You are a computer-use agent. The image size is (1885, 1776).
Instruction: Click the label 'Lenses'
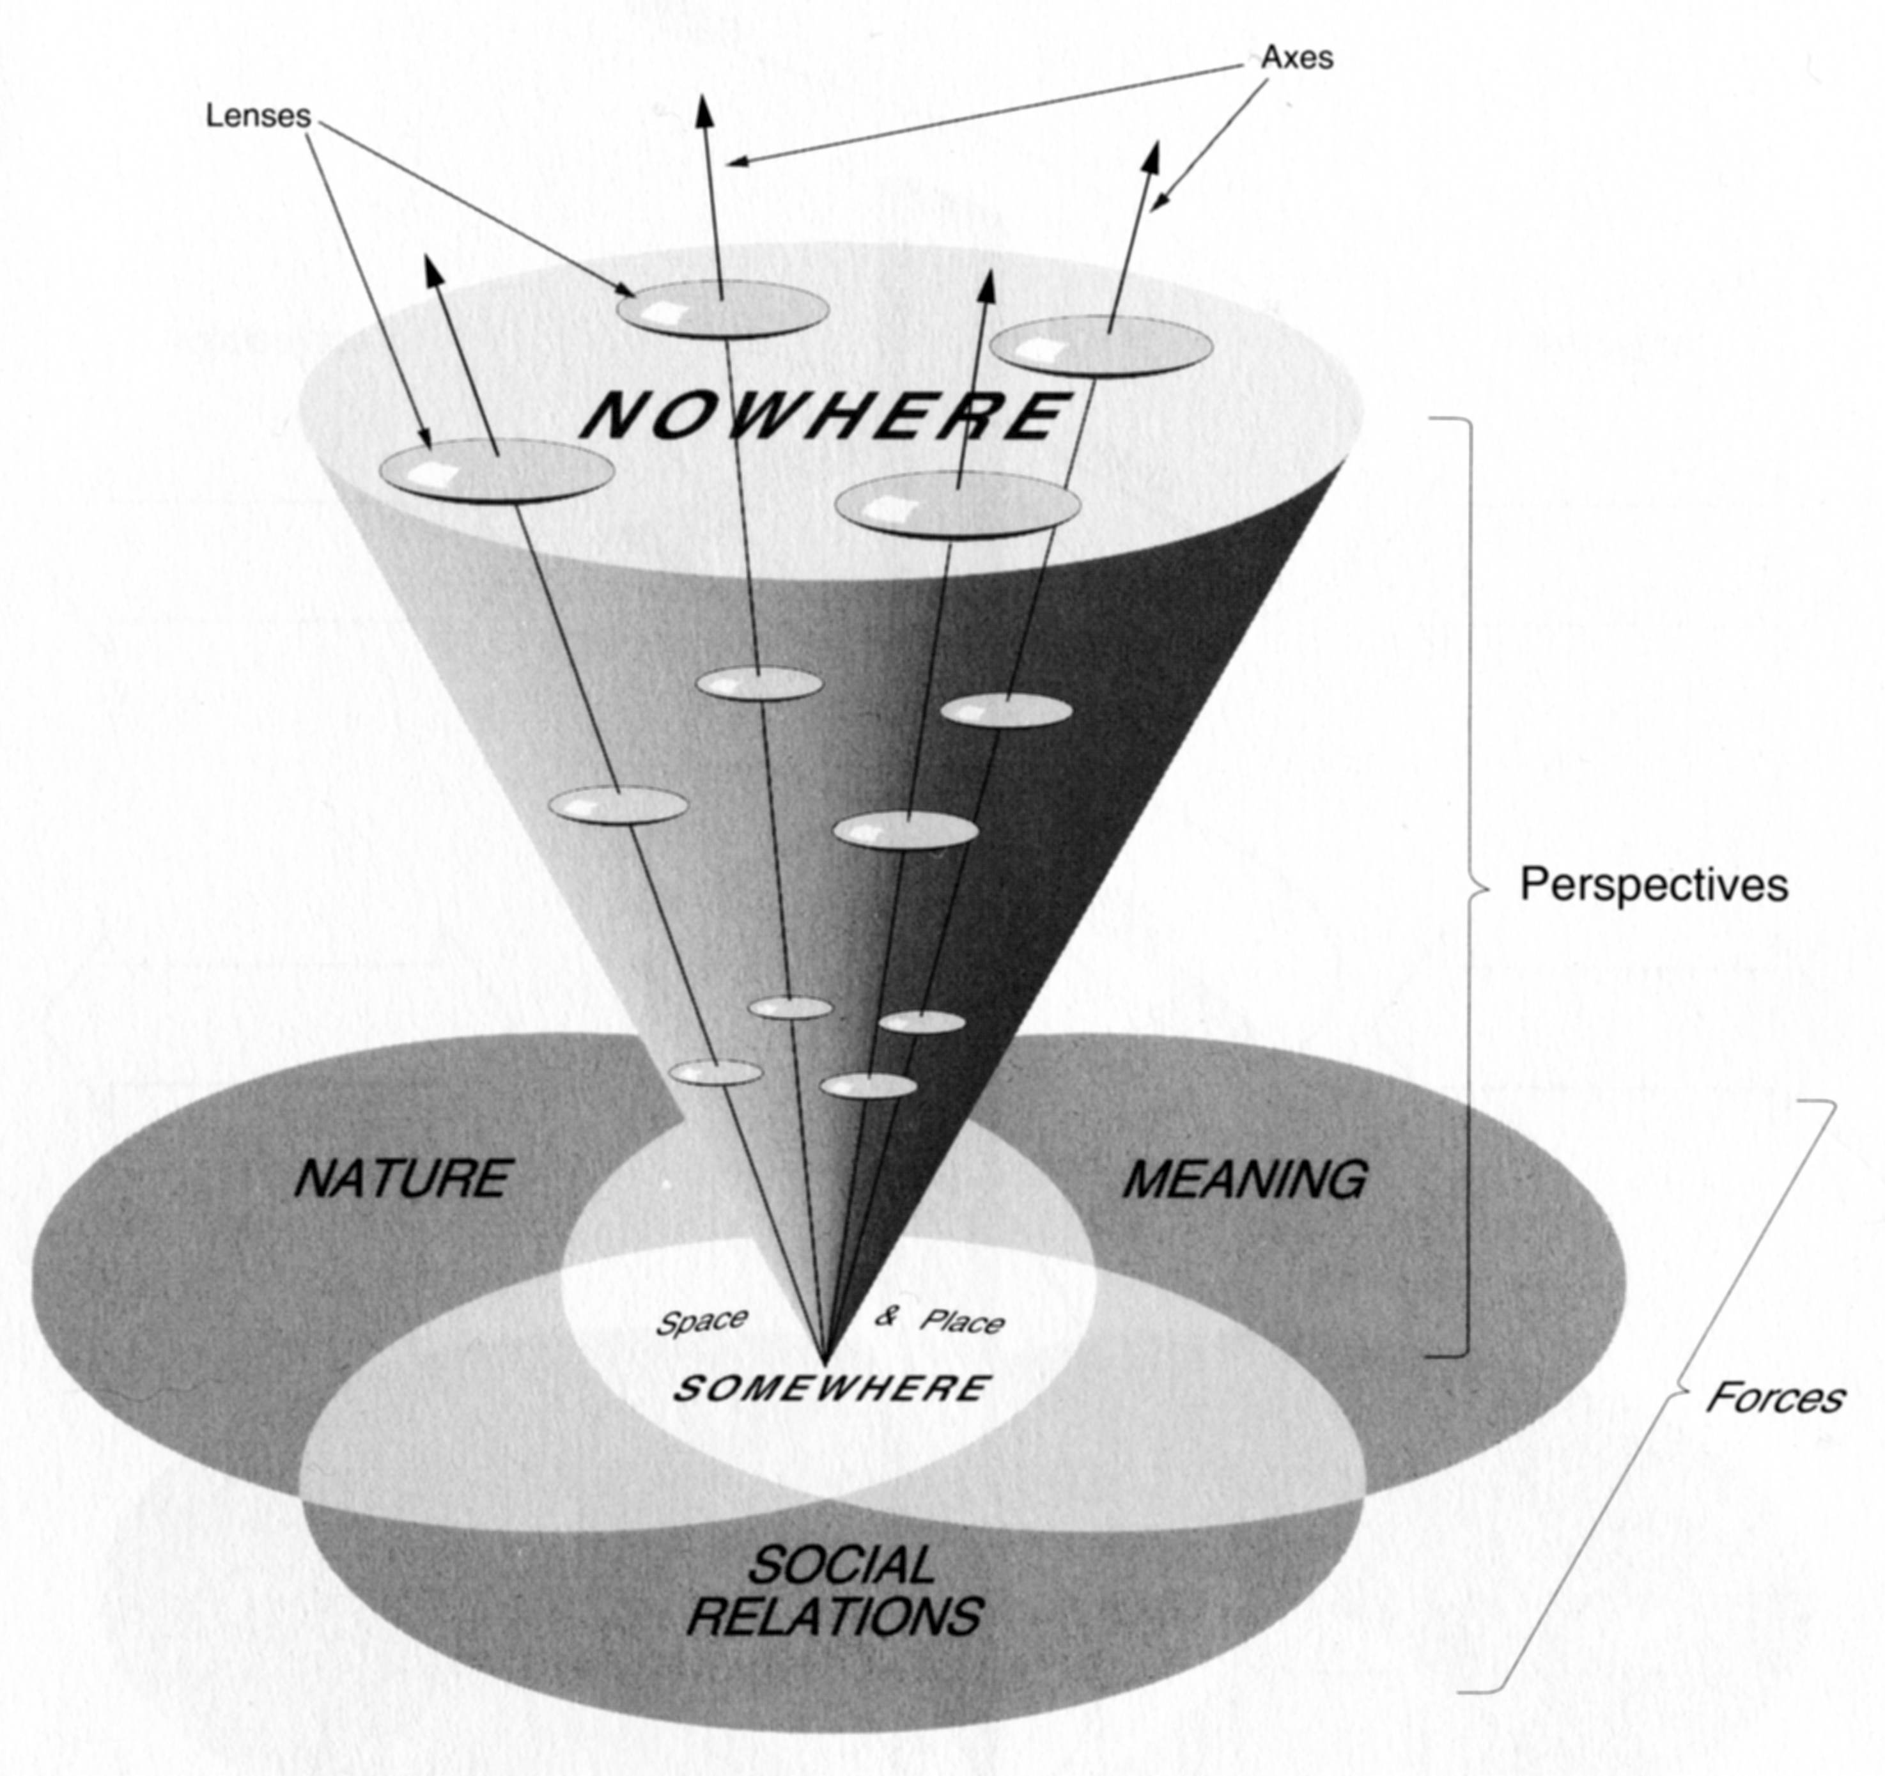point(258,116)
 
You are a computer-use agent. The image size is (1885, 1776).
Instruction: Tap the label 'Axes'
point(1296,58)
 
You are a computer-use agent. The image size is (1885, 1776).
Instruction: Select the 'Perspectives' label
point(1654,885)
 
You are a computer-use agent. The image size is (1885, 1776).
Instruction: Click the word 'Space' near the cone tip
point(702,1322)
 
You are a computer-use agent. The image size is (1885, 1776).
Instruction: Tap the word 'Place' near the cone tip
point(963,1322)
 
